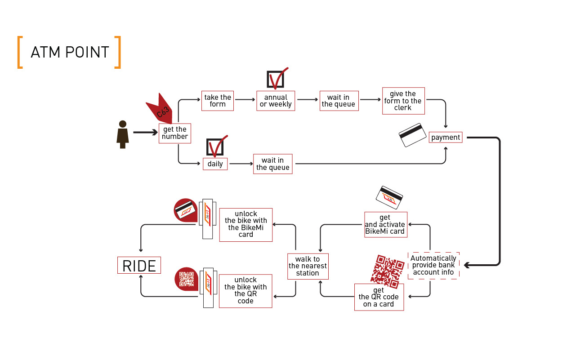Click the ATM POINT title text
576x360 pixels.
click(70, 53)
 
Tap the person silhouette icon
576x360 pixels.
click(122, 134)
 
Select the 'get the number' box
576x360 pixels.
click(175, 133)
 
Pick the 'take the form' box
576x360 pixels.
click(218, 101)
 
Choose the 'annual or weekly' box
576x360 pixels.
click(276, 101)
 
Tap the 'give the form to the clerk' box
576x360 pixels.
click(403, 101)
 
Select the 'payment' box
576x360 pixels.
click(446, 138)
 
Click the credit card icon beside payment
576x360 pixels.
click(412, 135)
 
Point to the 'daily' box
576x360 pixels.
click(215, 164)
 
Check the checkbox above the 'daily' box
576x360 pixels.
click(214, 147)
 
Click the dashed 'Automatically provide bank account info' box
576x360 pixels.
click(433, 265)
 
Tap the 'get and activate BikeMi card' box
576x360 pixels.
click(385, 225)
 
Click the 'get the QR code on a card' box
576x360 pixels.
click(379, 297)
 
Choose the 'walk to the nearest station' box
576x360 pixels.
click(308, 266)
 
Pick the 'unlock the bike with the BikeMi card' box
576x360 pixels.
click(246, 225)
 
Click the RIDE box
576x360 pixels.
click(139, 265)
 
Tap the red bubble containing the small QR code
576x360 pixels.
click(186, 279)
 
